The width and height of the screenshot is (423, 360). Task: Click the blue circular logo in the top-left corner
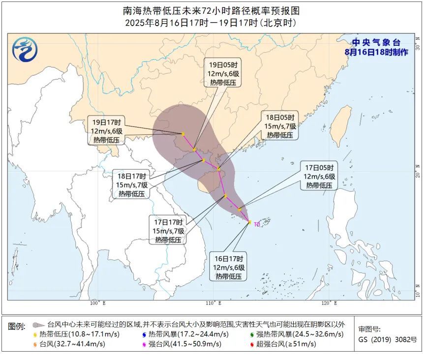(x=25, y=50)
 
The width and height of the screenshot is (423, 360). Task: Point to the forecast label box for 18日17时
(x=132, y=184)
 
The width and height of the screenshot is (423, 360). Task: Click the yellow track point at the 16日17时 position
(x=250, y=222)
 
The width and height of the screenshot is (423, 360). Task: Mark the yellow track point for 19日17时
(x=183, y=134)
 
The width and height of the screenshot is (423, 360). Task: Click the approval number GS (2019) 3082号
(x=387, y=339)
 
